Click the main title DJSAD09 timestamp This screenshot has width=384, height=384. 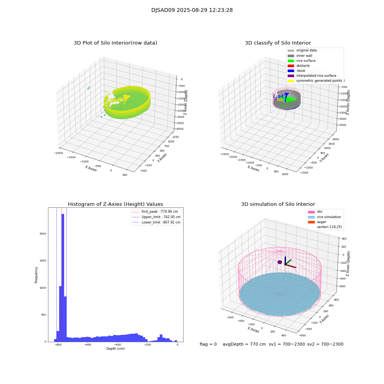(192, 10)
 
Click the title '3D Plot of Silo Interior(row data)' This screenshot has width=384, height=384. (115, 43)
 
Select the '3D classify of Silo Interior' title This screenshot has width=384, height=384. (278, 43)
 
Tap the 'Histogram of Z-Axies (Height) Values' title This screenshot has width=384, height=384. (115, 204)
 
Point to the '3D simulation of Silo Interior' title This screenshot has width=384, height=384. (278, 204)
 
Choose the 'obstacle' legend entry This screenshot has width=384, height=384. (303, 66)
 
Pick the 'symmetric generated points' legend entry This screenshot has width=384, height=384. (319, 81)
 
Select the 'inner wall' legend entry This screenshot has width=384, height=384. (304, 56)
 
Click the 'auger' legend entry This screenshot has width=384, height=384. (321, 222)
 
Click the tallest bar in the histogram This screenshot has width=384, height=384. (63, 276)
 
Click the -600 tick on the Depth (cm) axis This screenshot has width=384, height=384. (88, 345)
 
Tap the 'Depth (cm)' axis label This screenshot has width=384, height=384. (115, 349)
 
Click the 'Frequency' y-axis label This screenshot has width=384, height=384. (36, 275)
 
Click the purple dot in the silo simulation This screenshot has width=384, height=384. (280, 262)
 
